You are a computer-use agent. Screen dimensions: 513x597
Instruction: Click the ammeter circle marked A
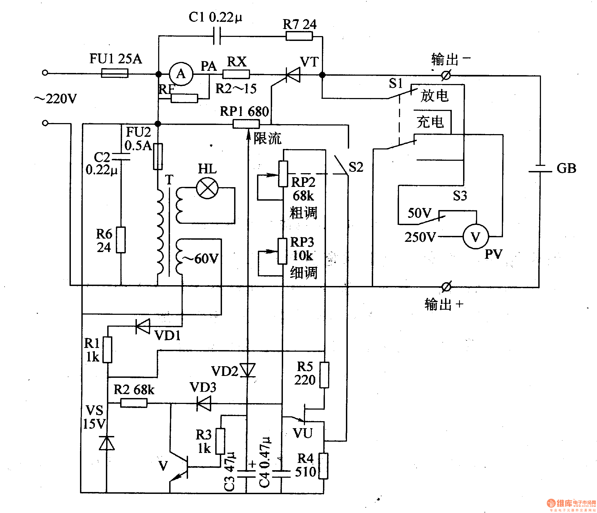(x=181, y=74)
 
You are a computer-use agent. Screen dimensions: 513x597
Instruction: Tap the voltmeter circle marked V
(x=475, y=237)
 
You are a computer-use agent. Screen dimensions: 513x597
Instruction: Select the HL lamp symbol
(x=207, y=189)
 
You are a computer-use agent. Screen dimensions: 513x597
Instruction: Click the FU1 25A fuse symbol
(x=115, y=73)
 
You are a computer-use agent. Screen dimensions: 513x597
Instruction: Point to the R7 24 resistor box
(x=299, y=36)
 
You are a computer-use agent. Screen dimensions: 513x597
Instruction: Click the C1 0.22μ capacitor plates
(x=217, y=36)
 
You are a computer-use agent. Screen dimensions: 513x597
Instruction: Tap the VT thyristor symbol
(x=293, y=75)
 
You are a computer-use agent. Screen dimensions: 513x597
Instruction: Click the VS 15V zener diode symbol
(x=107, y=443)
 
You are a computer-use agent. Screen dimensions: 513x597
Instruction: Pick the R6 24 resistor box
(x=121, y=240)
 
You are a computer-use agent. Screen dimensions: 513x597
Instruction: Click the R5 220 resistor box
(x=324, y=375)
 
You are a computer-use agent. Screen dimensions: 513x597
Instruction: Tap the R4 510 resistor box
(x=324, y=466)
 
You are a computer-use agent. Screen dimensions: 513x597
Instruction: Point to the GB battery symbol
(x=540, y=169)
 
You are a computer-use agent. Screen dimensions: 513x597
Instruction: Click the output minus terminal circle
(x=446, y=75)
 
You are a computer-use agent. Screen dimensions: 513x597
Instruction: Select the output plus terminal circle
(x=446, y=287)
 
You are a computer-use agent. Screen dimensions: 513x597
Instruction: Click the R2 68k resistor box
(x=134, y=403)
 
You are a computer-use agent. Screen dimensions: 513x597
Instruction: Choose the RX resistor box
(x=236, y=74)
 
